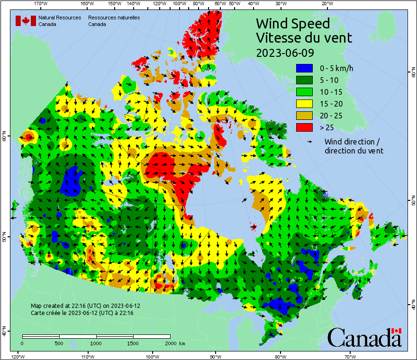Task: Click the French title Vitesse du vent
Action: (x=304, y=37)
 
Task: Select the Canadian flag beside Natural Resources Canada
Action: (x=26, y=21)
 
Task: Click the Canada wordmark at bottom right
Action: (x=364, y=338)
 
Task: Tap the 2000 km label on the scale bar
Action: (x=176, y=343)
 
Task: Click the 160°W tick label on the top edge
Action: (x=86, y=4)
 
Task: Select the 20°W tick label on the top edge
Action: (x=326, y=4)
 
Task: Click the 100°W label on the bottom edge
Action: (x=153, y=356)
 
